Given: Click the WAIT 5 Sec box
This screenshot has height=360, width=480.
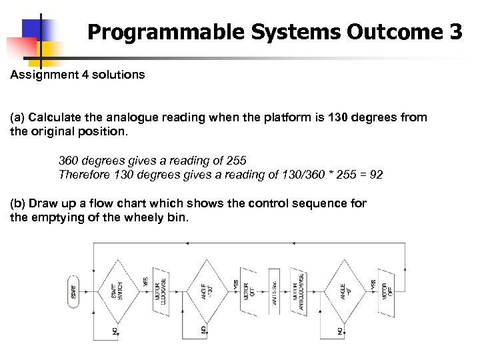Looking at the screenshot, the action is click(x=274, y=291).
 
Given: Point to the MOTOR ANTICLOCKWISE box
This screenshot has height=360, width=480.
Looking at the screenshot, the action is click(x=297, y=291).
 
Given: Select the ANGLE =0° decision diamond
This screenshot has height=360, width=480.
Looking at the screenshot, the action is click(x=345, y=291).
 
